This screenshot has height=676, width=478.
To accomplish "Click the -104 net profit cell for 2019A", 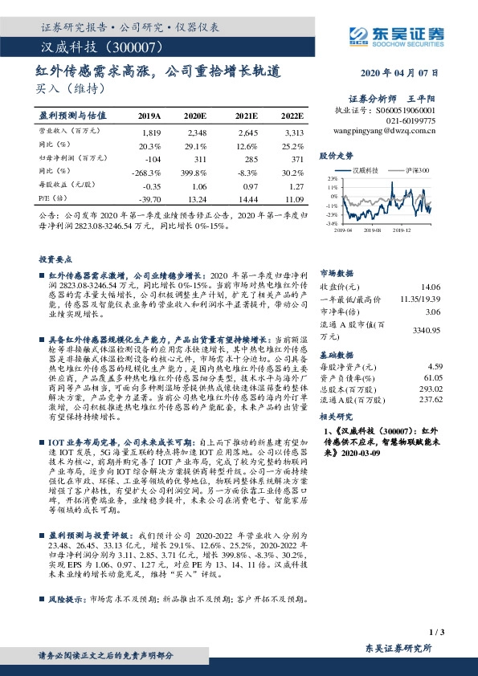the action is point(151,159).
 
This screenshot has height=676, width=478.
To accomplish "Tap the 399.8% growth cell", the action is point(197,172).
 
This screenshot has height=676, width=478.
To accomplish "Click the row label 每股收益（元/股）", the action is point(67,185).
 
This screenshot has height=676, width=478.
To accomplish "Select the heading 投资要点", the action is point(54,259).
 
